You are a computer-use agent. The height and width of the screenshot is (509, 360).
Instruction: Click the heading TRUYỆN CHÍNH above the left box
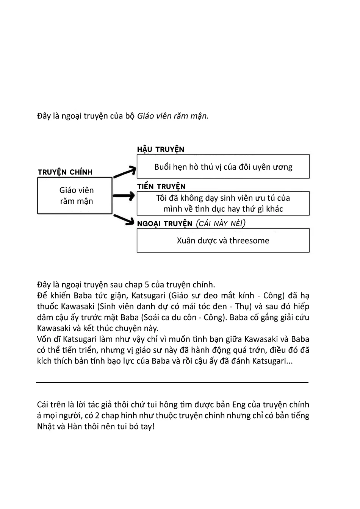click(65, 172)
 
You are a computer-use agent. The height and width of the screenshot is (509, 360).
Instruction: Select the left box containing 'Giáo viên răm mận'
click(75, 196)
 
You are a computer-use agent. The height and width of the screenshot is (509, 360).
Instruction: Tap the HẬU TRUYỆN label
click(161, 150)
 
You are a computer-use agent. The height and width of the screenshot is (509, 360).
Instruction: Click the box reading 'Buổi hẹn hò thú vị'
click(223, 167)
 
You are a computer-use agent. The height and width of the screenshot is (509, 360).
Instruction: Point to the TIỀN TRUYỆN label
click(161, 187)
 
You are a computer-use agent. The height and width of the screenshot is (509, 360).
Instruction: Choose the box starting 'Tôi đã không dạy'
click(223, 203)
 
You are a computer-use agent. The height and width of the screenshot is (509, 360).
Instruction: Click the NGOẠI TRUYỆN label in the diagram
click(165, 224)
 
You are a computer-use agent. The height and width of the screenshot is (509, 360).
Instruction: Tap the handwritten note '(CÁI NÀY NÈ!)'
click(221, 223)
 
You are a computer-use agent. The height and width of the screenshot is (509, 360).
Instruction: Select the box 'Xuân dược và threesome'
click(223, 240)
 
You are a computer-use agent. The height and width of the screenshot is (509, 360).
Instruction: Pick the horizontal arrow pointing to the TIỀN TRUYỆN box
click(124, 196)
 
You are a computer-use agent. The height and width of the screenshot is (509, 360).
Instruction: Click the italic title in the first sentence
click(172, 116)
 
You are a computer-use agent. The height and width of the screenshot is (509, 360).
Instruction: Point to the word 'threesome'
click(249, 240)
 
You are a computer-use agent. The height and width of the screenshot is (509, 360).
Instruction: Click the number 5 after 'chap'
click(147, 285)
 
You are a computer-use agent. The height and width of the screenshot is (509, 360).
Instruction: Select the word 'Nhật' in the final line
click(46, 426)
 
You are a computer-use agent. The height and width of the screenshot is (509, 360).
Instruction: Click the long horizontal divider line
click(172, 383)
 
